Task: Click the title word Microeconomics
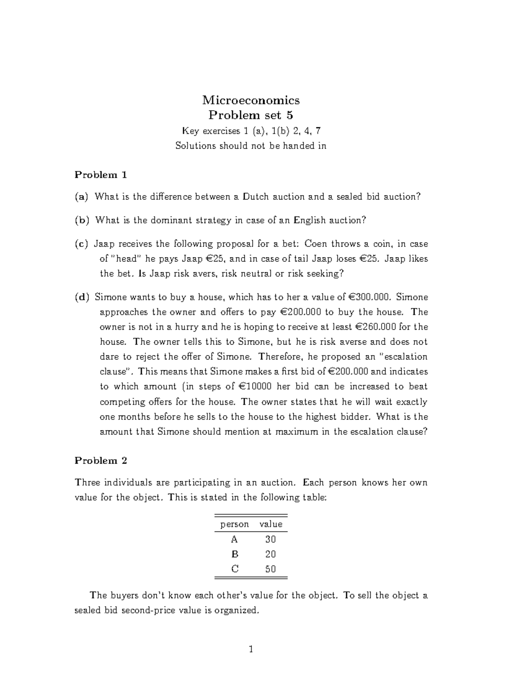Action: (x=251, y=101)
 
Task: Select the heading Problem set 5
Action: (x=251, y=115)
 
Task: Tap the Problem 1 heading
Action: (x=101, y=175)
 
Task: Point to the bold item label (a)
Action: (x=81, y=197)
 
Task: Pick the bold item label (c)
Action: (x=81, y=244)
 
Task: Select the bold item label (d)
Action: (x=81, y=297)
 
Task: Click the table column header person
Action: (x=235, y=524)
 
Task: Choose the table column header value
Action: (x=271, y=524)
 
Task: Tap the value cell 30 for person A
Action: (x=271, y=539)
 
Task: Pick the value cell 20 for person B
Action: (x=271, y=554)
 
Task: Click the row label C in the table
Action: (x=235, y=569)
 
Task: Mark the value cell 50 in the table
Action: (x=271, y=569)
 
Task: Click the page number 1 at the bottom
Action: (x=251, y=650)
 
